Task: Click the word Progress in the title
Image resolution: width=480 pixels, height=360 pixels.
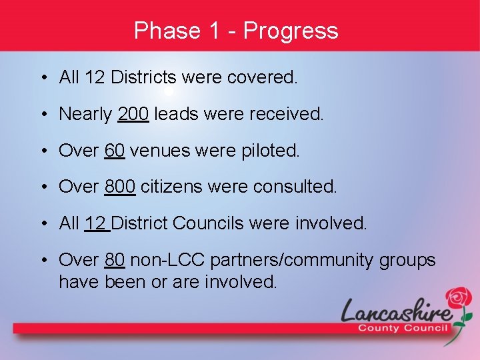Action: point(291,31)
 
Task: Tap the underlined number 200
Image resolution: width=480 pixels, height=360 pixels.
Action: point(133,115)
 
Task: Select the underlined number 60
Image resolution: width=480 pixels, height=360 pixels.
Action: point(115,151)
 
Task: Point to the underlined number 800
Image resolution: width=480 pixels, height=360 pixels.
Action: point(120,187)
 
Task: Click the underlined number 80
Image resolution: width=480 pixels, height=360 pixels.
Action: point(115,260)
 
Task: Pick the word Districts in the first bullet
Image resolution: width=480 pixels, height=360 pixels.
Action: point(143,78)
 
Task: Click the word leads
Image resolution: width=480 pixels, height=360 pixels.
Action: point(176,115)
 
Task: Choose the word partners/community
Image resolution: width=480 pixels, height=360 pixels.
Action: point(291,261)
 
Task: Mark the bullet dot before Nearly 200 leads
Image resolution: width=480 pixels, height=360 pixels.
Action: point(43,115)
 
